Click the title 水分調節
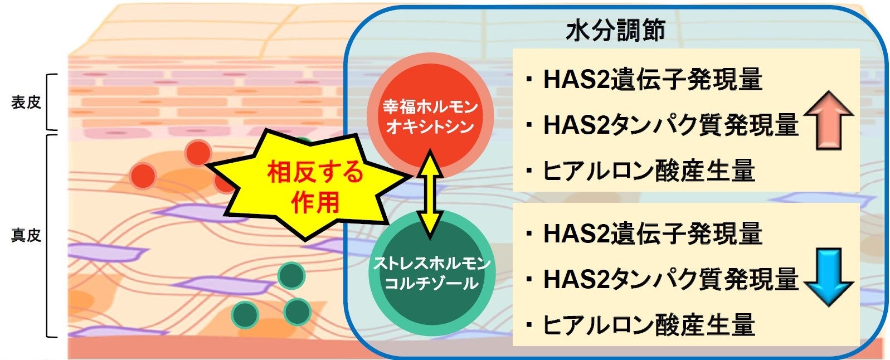pyautogui.click(x=615, y=30)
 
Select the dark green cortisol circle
pyautogui.click(x=431, y=274)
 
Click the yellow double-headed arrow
pyautogui.click(x=430, y=194)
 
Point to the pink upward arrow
pyautogui.click(x=828, y=120)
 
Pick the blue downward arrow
pyautogui.click(x=828, y=277)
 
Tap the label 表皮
pyautogui.click(x=26, y=102)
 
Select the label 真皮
pyautogui.click(x=26, y=235)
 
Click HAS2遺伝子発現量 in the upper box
pyautogui.click(x=653, y=79)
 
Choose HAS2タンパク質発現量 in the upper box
pyautogui.click(x=670, y=125)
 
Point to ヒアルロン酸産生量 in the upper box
pyautogui.click(x=649, y=171)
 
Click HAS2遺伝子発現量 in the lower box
pyautogui.click(x=653, y=233)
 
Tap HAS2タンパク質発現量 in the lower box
pyautogui.click(x=670, y=279)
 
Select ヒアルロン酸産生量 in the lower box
pyautogui.click(x=649, y=325)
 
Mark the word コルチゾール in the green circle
pyautogui.click(x=431, y=283)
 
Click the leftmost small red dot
pyautogui.click(x=143, y=176)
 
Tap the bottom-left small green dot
pyautogui.click(x=245, y=314)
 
